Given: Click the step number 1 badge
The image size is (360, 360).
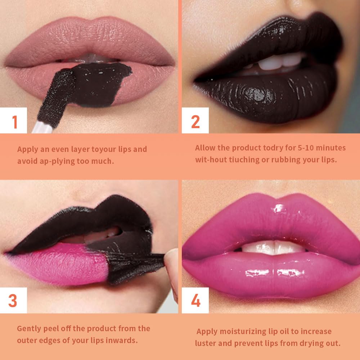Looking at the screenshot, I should point(14,121).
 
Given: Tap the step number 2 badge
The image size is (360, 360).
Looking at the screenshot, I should point(195,121).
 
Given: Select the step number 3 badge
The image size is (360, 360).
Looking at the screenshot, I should point(13,301).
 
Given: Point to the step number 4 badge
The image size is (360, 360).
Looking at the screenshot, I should point(195,301).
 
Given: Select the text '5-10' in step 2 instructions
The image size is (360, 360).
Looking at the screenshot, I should point(290,148).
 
